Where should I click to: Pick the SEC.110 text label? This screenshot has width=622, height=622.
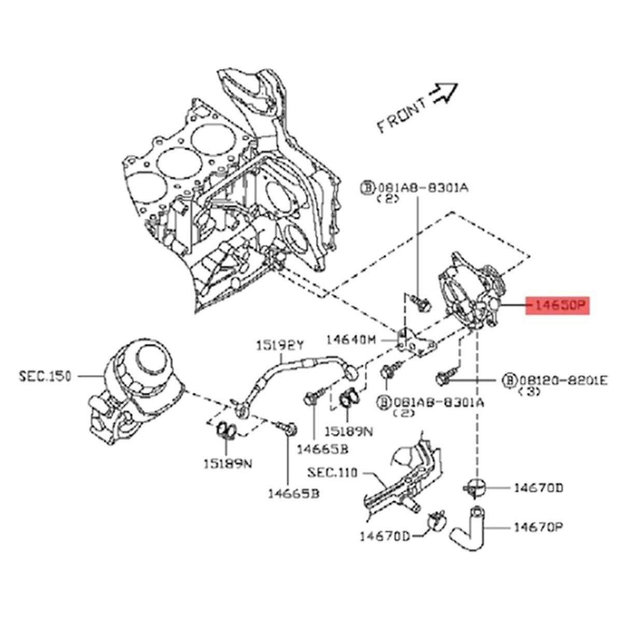point(333,473)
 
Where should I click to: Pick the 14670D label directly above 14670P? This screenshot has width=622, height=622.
point(539,488)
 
